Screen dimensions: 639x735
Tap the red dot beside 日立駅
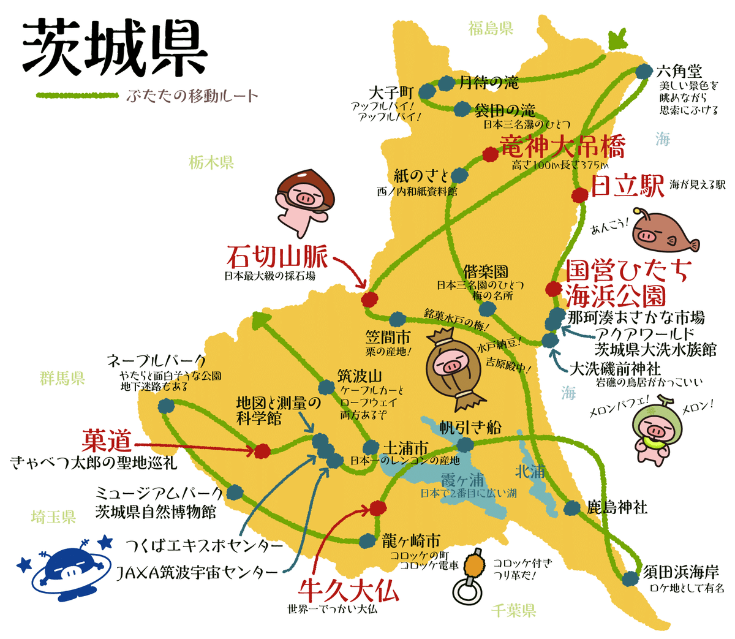[x=579, y=195]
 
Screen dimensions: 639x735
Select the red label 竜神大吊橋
[x=562, y=147]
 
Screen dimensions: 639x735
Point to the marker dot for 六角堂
[x=643, y=72]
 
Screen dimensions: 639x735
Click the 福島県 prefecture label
[x=491, y=28]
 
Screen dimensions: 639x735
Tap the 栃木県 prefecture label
[x=211, y=163]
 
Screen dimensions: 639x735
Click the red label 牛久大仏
[x=348, y=591]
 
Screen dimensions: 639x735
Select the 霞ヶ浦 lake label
[x=462, y=479]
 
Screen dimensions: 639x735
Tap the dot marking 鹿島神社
[x=571, y=507]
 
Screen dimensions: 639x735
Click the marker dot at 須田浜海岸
[x=630, y=578]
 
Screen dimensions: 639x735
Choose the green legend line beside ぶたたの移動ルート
[x=77, y=96]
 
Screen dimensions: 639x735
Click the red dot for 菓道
[x=262, y=451]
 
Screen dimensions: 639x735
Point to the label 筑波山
[x=360, y=376]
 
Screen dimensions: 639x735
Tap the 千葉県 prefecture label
[x=513, y=610]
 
